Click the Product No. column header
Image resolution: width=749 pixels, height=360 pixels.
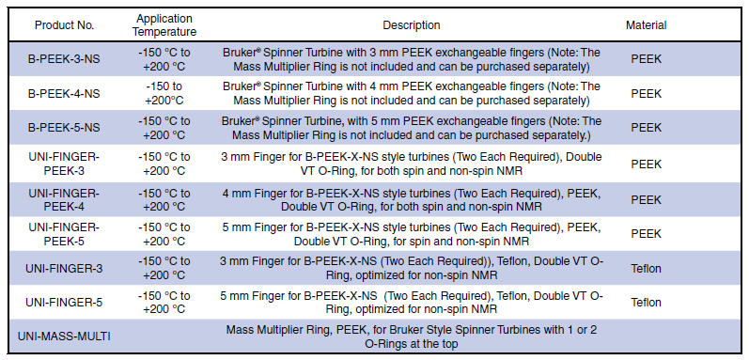point(64,25)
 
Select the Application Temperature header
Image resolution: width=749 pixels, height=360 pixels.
point(164,25)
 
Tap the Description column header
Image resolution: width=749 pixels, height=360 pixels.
point(412,25)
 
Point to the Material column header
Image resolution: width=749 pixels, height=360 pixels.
point(647,25)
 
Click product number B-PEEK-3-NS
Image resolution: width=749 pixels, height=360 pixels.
point(64,59)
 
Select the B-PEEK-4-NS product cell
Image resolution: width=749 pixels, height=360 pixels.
point(64,94)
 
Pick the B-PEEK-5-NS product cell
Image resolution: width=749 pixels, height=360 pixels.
point(64,128)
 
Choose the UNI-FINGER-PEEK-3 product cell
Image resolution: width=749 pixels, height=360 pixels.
point(64,164)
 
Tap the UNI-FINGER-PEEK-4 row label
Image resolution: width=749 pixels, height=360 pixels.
point(64,200)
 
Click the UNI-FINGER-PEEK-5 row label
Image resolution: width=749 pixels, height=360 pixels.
point(64,234)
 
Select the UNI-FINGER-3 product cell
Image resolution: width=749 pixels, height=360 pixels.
point(64,268)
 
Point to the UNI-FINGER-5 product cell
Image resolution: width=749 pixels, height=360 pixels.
point(64,303)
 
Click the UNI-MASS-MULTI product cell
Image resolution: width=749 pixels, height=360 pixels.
point(64,337)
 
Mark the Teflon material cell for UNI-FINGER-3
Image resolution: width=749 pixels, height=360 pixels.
point(647,268)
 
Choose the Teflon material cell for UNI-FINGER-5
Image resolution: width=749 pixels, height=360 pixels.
point(647,303)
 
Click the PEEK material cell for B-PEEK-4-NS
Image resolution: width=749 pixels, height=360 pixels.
point(647,94)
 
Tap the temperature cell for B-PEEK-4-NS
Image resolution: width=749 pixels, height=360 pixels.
point(164,94)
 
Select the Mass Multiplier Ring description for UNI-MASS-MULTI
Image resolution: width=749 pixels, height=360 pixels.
point(412,337)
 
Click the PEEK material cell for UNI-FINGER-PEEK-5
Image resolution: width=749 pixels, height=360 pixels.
point(647,234)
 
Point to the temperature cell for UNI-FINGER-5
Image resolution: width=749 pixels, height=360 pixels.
point(164,303)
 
